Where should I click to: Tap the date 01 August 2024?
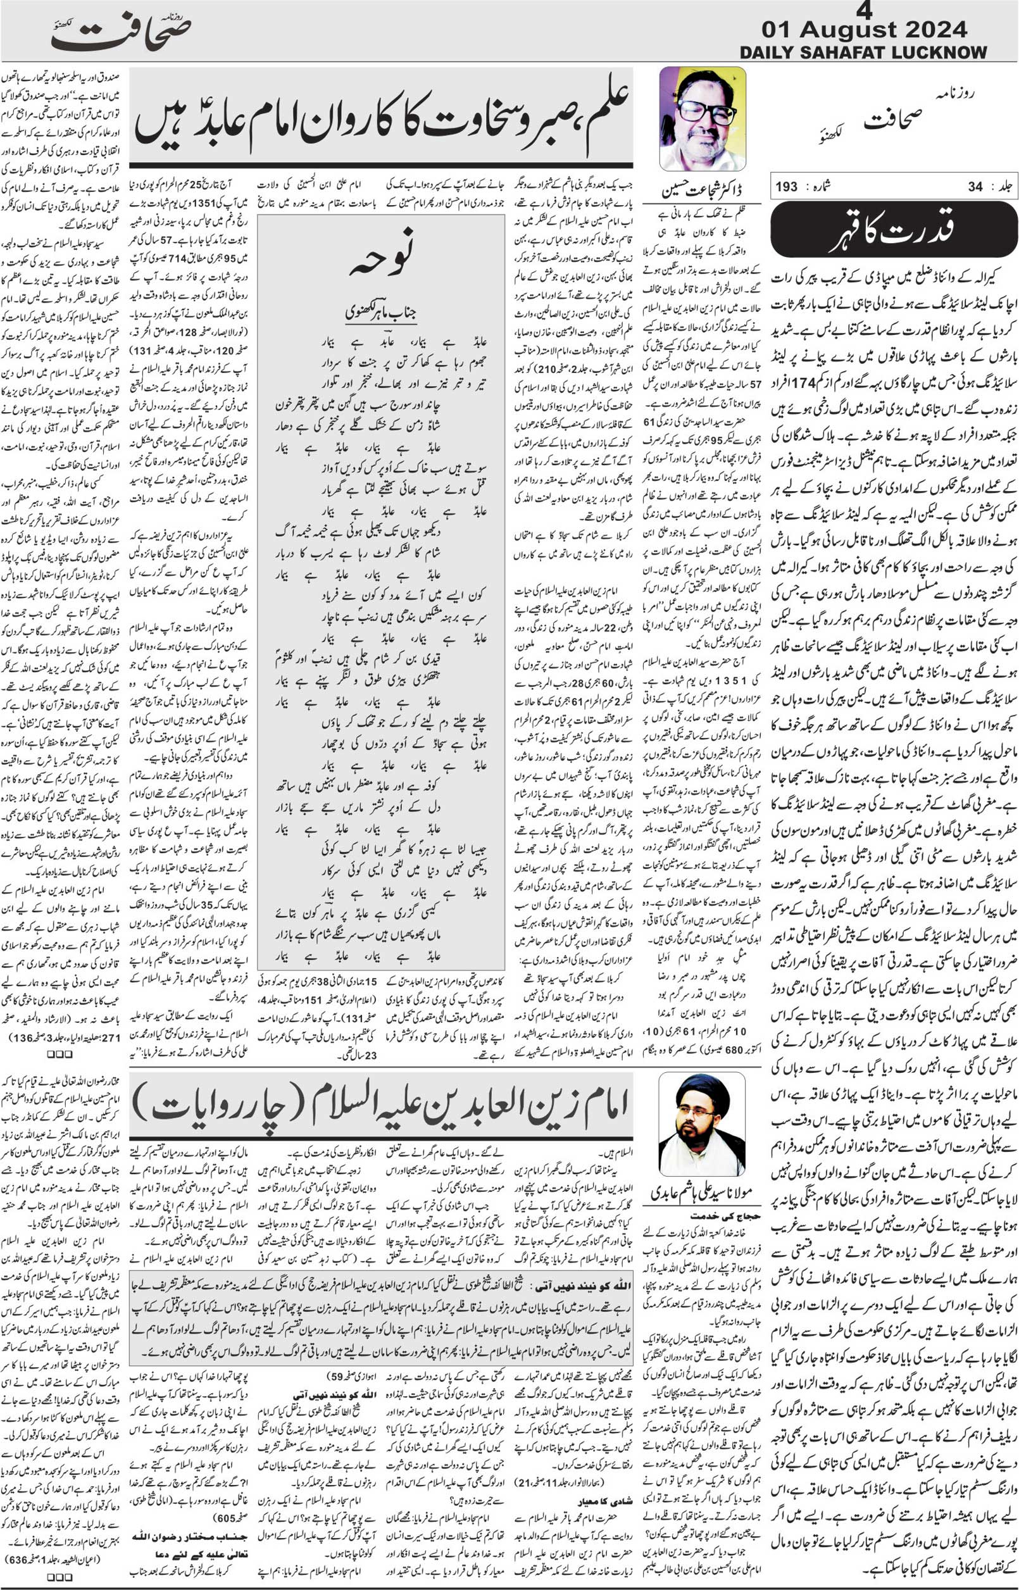(x=864, y=29)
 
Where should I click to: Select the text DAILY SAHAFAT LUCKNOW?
(x=863, y=53)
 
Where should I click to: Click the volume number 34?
(x=975, y=187)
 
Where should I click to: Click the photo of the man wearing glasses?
(x=703, y=119)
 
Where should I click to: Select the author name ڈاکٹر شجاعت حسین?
(x=702, y=191)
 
